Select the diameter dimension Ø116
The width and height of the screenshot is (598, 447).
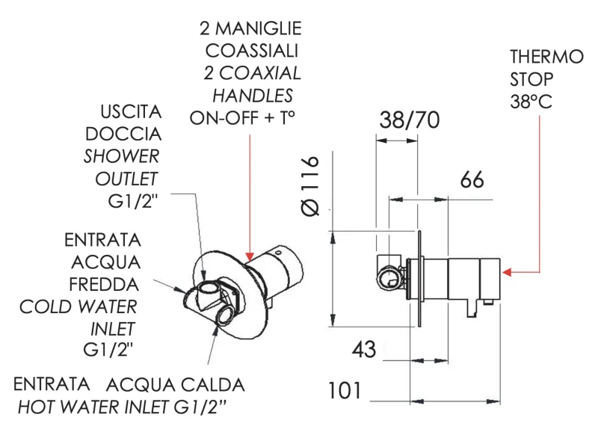coord(311,186)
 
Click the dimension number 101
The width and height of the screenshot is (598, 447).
coord(345,390)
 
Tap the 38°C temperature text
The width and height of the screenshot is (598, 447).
coord(531,102)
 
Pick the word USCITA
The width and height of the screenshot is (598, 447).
coord(131,112)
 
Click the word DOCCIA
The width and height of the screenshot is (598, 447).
coord(124,135)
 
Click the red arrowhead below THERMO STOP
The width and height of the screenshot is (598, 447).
coord(507,273)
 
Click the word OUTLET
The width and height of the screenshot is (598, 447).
coord(127,179)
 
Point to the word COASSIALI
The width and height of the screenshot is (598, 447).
coord(252,51)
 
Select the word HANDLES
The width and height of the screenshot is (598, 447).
coord(253,96)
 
